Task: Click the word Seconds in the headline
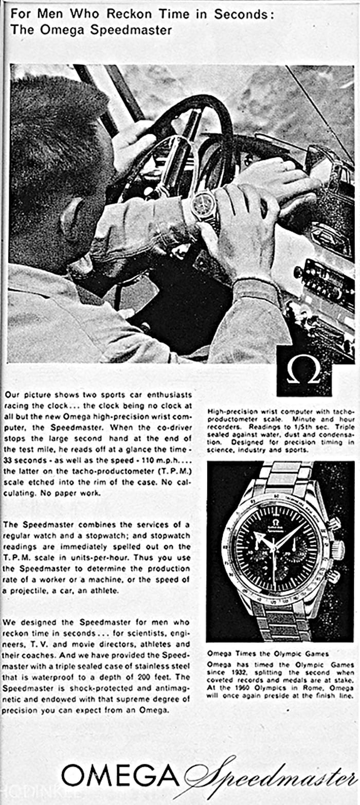click(x=243, y=14)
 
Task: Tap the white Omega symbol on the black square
click(x=303, y=370)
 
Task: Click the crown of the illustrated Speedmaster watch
click(x=338, y=549)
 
